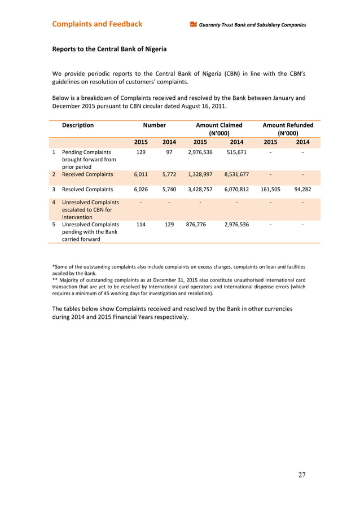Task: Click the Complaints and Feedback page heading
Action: pos(97,24)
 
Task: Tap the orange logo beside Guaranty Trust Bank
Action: pos(193,25)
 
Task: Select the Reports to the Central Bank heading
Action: pos(109,49)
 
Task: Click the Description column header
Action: pos(78,125)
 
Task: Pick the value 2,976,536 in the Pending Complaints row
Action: pos(200,152)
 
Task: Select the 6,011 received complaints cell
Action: pos(141,174)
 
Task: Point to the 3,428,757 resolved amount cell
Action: pos(200,190)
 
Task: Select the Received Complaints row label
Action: pos(87,174)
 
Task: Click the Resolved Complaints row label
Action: pos(87,190)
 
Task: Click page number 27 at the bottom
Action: pos(302,475)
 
